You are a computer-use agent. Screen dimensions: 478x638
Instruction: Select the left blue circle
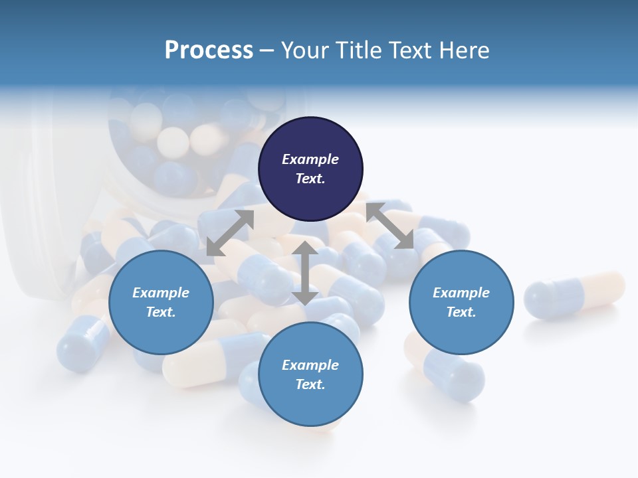[161, 302]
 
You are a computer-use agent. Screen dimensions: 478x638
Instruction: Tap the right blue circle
[461, 302]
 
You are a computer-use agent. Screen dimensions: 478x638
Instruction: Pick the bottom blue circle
[310, 374]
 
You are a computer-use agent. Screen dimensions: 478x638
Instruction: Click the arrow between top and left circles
[230, 233]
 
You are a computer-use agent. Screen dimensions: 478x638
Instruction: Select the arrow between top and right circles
[389, 226]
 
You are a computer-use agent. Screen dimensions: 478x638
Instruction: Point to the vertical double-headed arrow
[305, 273]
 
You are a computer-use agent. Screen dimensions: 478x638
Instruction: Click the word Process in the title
[209, 50]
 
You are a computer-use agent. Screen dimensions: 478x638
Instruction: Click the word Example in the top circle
[310, 159]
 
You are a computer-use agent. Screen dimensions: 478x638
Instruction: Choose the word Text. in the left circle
[161, 312]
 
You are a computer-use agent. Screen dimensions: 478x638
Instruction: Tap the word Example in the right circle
[461, 293]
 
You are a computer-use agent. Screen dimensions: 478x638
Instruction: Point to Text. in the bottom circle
[310, 384]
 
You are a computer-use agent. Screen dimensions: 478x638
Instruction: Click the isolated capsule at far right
[574, 294]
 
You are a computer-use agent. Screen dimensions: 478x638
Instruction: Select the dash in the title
[266, 50]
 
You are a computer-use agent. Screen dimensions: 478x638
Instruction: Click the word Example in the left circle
[161, 293]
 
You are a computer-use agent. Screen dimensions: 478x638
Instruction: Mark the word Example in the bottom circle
[310, 365]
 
